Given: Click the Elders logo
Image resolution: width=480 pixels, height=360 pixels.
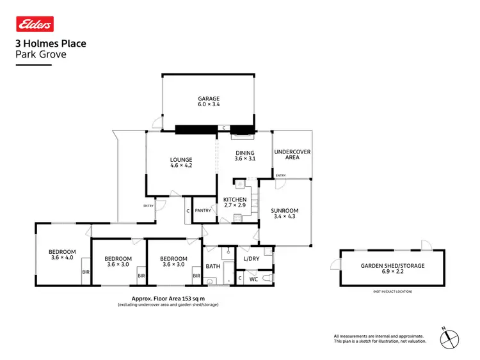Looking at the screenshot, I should coord(35,24).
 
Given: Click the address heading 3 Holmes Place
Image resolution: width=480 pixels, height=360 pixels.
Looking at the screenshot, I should coord(51,44).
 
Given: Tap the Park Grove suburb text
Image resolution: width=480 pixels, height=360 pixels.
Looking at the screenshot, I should coord(40,54).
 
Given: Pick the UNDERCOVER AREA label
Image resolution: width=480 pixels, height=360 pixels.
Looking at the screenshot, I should coord(292,154).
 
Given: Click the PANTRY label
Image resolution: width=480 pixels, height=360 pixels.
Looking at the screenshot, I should coord(204,210).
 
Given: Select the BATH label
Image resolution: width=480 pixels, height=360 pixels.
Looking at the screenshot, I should coord(212,266).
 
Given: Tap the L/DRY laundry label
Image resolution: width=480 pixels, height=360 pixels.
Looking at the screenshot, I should coord(252,258).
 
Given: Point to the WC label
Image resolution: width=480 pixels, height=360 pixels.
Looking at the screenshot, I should coord(253,279).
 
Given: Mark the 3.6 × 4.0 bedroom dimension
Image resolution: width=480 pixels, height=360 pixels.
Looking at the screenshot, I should coord(62,258).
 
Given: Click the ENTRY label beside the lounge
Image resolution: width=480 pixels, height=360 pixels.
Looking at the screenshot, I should coord(148,205).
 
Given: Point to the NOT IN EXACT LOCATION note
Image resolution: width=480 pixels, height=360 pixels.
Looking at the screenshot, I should coord(392,292).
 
